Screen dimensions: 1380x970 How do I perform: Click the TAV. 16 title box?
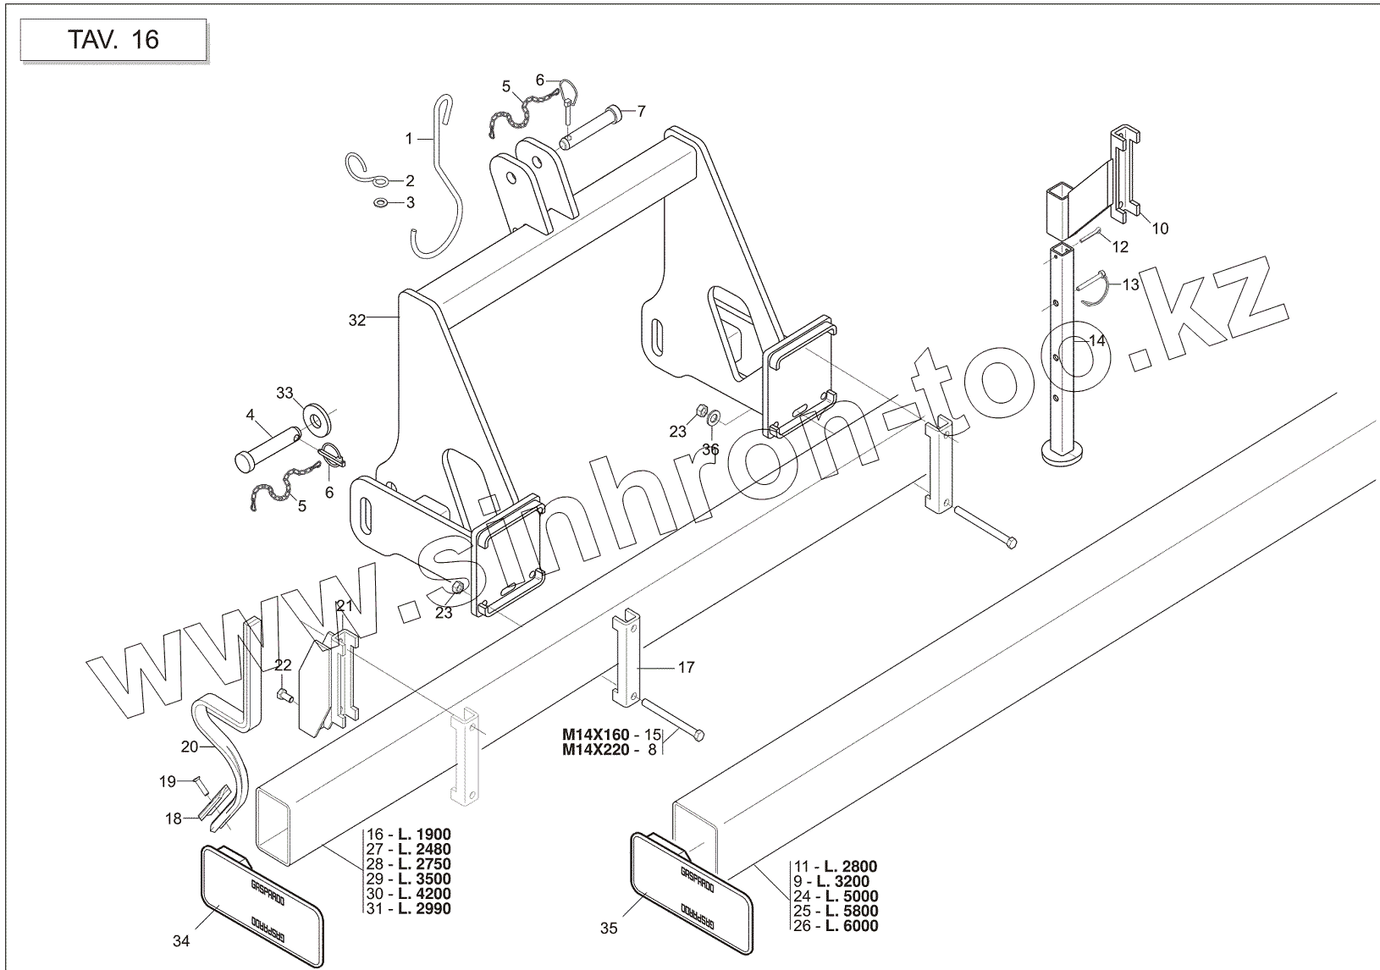point(113,40)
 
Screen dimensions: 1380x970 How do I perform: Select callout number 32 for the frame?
point(357,320)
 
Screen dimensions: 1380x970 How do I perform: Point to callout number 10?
point(1160,229)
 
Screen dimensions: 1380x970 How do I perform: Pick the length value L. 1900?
point(421,834)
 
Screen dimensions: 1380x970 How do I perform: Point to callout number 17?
point(686,668)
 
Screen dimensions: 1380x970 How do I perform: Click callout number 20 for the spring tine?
point(190,747)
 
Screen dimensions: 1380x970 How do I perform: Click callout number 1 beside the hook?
point(408,138)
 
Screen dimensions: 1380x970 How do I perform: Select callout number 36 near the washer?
point(710,449)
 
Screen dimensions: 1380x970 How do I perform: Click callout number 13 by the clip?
point(1131,285)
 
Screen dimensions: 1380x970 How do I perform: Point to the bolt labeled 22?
point(284,696)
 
